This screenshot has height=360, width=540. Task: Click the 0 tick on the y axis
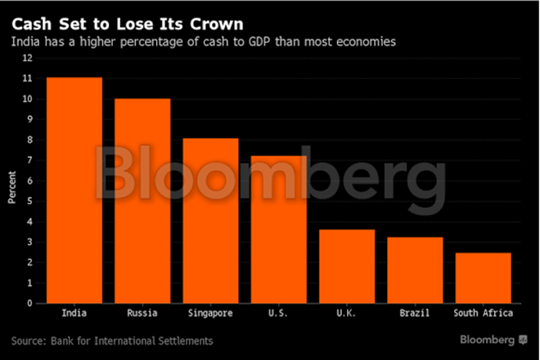[29, 303]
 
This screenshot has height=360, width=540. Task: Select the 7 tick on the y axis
[29, 160]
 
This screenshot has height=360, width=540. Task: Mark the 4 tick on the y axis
[29, 222]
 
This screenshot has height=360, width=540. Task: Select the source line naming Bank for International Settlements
[112, 340]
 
